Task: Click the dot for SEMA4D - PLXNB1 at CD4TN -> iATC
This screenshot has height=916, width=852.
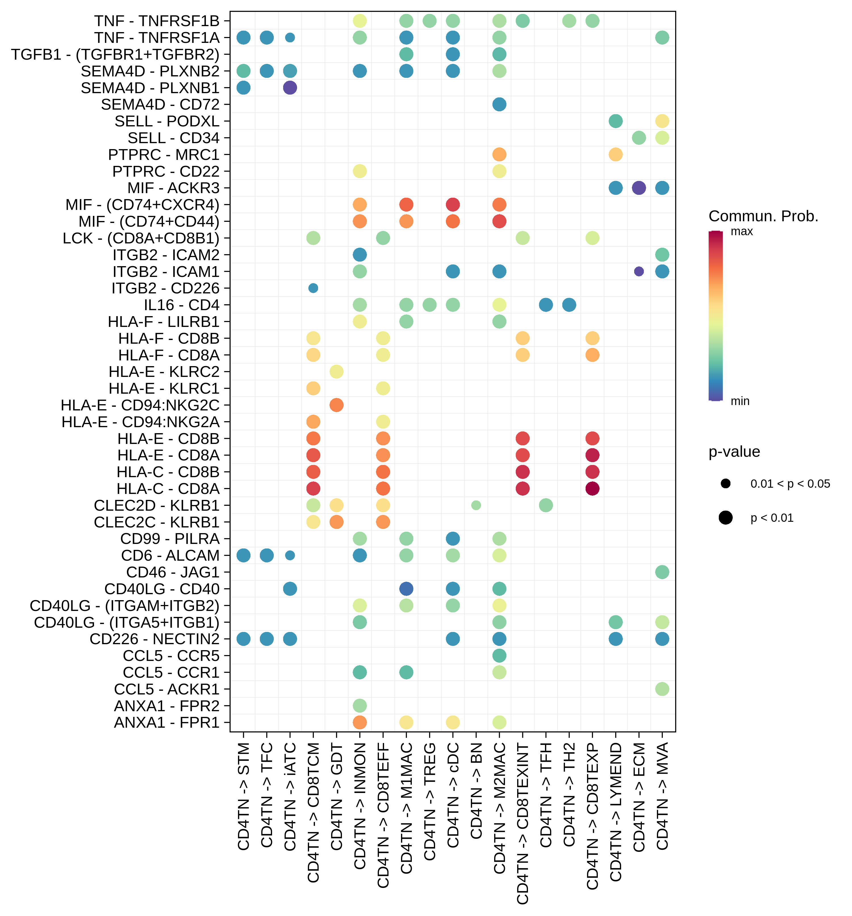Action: (x=290, y=87)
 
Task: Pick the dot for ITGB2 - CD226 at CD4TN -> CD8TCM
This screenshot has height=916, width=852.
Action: (x=313, y=288)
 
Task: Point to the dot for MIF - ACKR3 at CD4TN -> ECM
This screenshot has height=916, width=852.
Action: (x=639, y=188)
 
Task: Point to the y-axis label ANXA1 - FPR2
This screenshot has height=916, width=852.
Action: (x=166, y=706)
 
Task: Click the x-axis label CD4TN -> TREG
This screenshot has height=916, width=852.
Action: (x=429, y=802)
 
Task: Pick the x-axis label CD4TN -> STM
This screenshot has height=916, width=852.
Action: (x=243, y=797)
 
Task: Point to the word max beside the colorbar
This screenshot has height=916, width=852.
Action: (x=742, y=231)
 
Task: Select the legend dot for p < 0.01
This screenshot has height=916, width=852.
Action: (x=725, y=518)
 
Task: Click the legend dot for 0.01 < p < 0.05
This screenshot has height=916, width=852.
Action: (x=725, y=484)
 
